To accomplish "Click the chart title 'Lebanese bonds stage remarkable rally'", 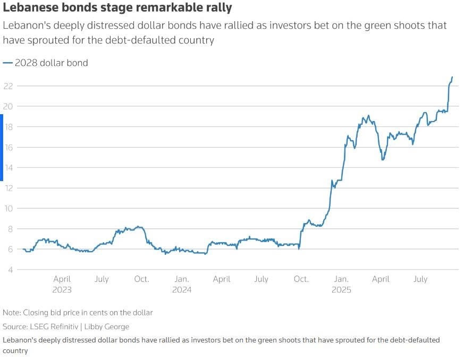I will click(x=117, y=8).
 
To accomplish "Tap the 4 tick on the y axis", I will click(x=10, y=270).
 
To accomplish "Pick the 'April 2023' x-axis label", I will click(x=62, y=284).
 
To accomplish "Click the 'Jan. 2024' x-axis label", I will click(x=182, y=284).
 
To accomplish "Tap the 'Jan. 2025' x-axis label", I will click(x=341, y=284).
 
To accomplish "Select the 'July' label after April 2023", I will click(x=102, y=279).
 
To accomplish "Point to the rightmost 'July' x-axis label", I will click(x=420, y=279).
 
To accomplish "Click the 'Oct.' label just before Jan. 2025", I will click(x=301, y=279).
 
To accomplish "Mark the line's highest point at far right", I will click(x=452, y=78).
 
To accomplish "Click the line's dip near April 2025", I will click(x=382, y=159).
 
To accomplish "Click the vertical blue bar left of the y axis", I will click(x=2, y=148).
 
